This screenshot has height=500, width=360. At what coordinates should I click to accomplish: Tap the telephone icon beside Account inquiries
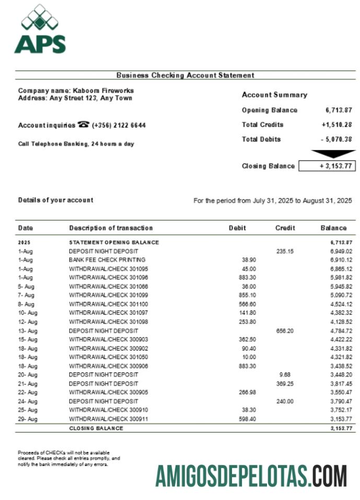tap(83, 125)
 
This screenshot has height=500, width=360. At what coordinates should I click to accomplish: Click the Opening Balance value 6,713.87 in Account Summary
tap(339, 110)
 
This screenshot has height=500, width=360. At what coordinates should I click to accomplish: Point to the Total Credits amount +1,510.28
tap(336, 125)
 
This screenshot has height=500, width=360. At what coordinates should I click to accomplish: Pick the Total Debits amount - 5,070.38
tap(336, 139)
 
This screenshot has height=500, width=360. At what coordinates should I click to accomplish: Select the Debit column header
tap(237, 228)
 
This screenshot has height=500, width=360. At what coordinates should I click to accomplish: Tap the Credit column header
tap(285, 228)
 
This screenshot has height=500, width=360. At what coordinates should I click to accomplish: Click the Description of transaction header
tap(111, 228)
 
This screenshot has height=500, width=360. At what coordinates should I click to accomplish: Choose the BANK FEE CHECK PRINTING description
tap(107, 260)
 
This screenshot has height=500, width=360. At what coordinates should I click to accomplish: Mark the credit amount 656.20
tap(285, 331)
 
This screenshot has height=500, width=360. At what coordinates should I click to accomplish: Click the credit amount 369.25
tap(285, 383)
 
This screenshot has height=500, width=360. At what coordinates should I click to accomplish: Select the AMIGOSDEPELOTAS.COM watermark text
tap(251, 476)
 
